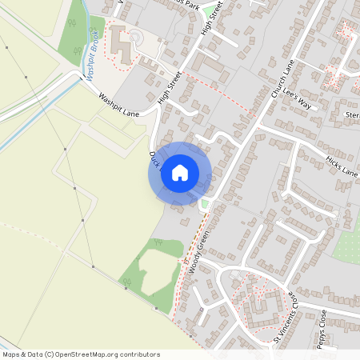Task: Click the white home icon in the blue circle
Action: coord(180,173)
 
